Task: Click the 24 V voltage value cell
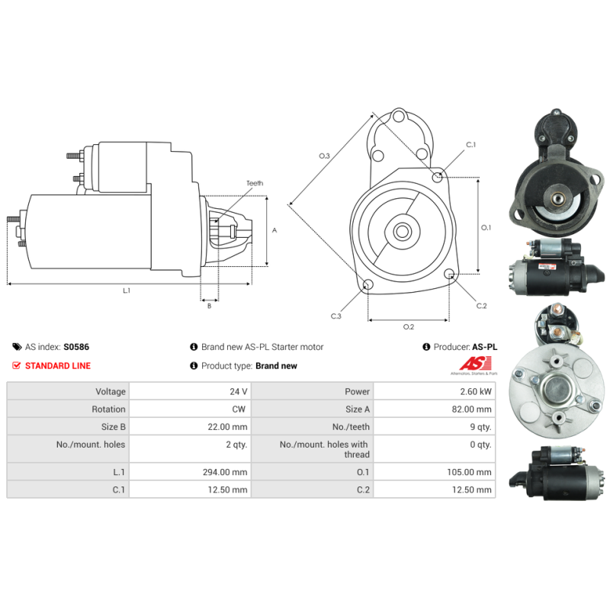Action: tap(238, 391)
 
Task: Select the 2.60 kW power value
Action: tap(475, 391)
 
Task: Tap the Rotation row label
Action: tap(108, 409)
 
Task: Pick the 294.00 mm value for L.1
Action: tap(225, 472)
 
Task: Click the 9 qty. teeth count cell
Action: tap(480, 427)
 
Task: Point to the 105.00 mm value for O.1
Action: tap(469, 472)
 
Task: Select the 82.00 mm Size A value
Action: tap(471, 409)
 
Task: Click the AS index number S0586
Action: tap(76, 347)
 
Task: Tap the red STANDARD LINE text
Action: tap(58, 366)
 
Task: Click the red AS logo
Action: tap(475, 364)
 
